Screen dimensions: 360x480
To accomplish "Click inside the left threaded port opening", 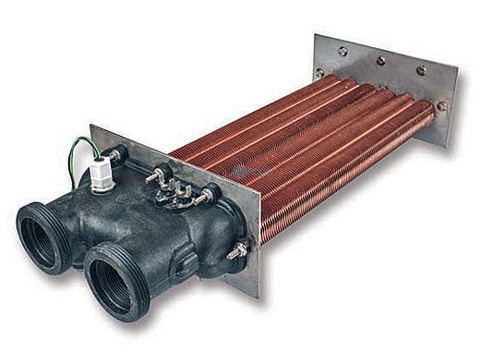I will tap(43, 237).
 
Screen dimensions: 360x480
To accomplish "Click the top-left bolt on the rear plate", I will tap(343, 53).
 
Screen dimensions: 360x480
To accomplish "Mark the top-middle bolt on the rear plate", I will tap(380, 61).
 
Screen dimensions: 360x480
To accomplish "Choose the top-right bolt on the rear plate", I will tap(421, 70).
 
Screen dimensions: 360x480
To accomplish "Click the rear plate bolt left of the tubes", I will tap(320, 71).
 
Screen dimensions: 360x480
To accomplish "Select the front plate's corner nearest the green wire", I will tap(92, 126).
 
